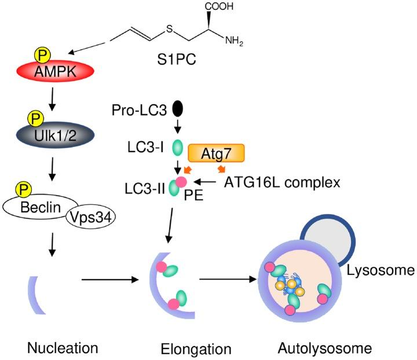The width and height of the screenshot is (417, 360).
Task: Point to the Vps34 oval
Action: click(94, 217)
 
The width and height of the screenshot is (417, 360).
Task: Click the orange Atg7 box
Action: click(217, 153)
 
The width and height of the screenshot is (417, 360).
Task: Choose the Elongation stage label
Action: click(196, 349)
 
